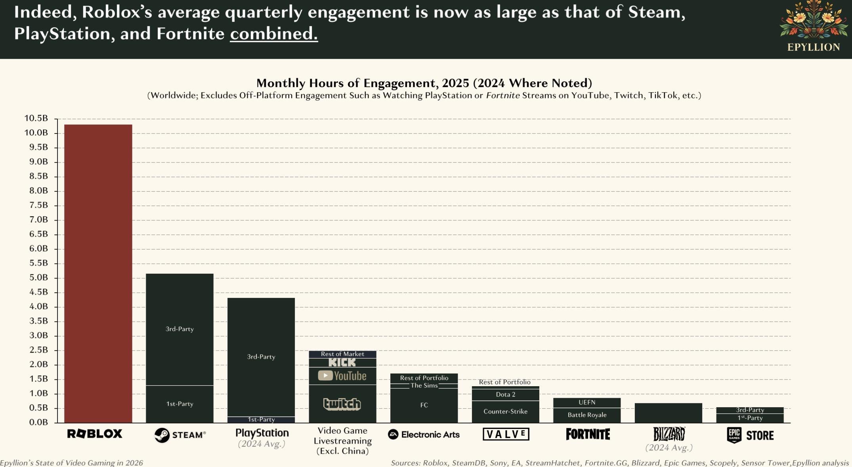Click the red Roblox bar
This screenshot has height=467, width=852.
pos(98,273)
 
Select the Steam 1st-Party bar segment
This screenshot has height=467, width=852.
pos(180,404)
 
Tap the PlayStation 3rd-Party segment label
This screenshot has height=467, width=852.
pos(261,357)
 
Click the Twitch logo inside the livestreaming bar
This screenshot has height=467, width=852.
pos(342,404)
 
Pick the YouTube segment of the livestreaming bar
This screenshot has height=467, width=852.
pos(342,376)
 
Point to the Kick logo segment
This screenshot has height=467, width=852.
pos(342,362)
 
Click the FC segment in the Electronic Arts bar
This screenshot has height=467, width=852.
pos(424,405)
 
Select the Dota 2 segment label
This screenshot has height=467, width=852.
pos(505,395)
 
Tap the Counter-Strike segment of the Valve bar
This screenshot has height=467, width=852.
pos(505,412)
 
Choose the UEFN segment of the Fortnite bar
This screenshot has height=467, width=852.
pos(587,402)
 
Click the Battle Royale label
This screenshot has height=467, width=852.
pos(587,415)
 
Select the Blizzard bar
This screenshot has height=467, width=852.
pos(668,413)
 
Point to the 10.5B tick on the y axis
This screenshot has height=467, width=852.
pos(36,118)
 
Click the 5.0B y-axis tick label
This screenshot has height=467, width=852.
pos(38,278)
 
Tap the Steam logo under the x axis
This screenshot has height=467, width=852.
pos(180,435)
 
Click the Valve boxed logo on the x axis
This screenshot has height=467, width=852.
pos(506,434)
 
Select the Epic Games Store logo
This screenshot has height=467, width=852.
pos(750,435)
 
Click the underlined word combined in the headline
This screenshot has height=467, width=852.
pos(274,34)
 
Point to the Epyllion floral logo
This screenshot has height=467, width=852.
pos(813,20)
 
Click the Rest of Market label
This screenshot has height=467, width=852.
pos(342,354)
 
